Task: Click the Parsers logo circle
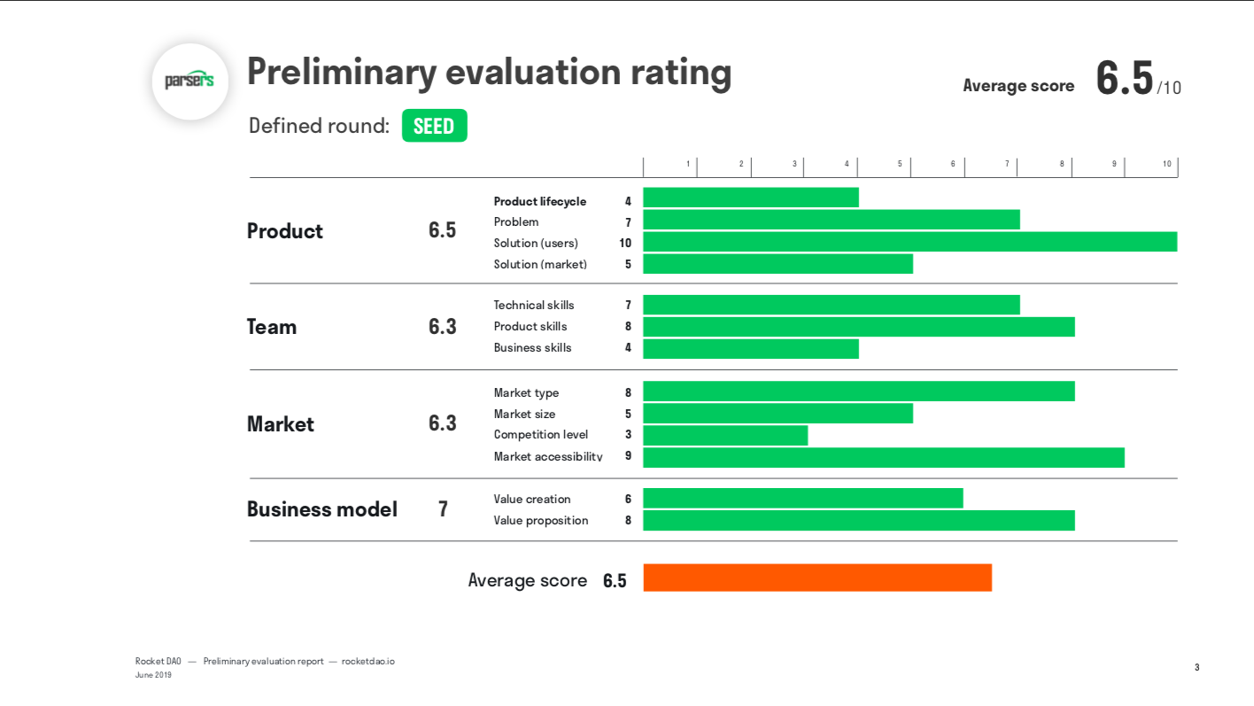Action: (x=190, y=81)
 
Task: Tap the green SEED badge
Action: (x=434, y=126)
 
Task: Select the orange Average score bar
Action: (x=817, y=578)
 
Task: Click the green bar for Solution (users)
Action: (x=910, y=242)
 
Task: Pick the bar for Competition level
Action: (x=725, y=435)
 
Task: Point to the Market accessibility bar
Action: (x=883, y=457)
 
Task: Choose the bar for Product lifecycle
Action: (x=750, y=198)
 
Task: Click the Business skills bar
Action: (x=750, y=348)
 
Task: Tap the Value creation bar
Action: (x=802, y=499)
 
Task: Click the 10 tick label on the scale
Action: (x=1166, y=164)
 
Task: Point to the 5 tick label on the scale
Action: (x=899, y=164)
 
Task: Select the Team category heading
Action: (x=272, y=327)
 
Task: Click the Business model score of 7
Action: (x=443, y=509)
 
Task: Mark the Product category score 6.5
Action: (x=442, y=230)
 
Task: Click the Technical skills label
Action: (x=534, y=305)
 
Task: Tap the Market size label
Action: (x=524, y=414)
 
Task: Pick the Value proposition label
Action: (x=540, y=520)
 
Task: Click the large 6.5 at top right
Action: (x=1124, y=79)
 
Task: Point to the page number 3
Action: (x=1196, y=667)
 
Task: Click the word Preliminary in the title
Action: (x=341, y=72)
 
